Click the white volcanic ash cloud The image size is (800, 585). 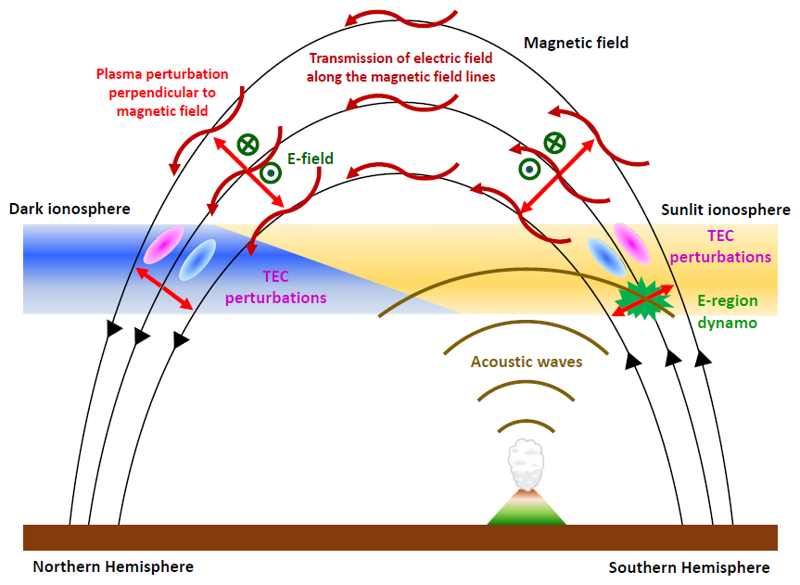[526, 464]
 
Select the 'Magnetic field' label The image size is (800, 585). [576, 43]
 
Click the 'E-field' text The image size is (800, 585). [311, 159]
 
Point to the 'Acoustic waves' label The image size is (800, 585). [526, 362]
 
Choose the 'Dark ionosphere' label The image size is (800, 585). [70, 209]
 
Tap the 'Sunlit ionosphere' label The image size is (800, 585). [726, 210]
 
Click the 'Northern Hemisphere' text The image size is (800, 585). [113, 566]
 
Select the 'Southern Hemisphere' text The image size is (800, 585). [690, 567]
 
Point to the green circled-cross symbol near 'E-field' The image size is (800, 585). [248, 145]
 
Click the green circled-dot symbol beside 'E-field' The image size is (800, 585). [271, 173]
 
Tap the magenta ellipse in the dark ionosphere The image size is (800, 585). [163, 245]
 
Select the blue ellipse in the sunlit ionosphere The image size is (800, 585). [606, 257]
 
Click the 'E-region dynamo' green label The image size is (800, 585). [727, 312]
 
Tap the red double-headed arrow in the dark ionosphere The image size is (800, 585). [164, 288]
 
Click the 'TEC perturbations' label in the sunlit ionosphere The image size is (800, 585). [720, 246]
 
